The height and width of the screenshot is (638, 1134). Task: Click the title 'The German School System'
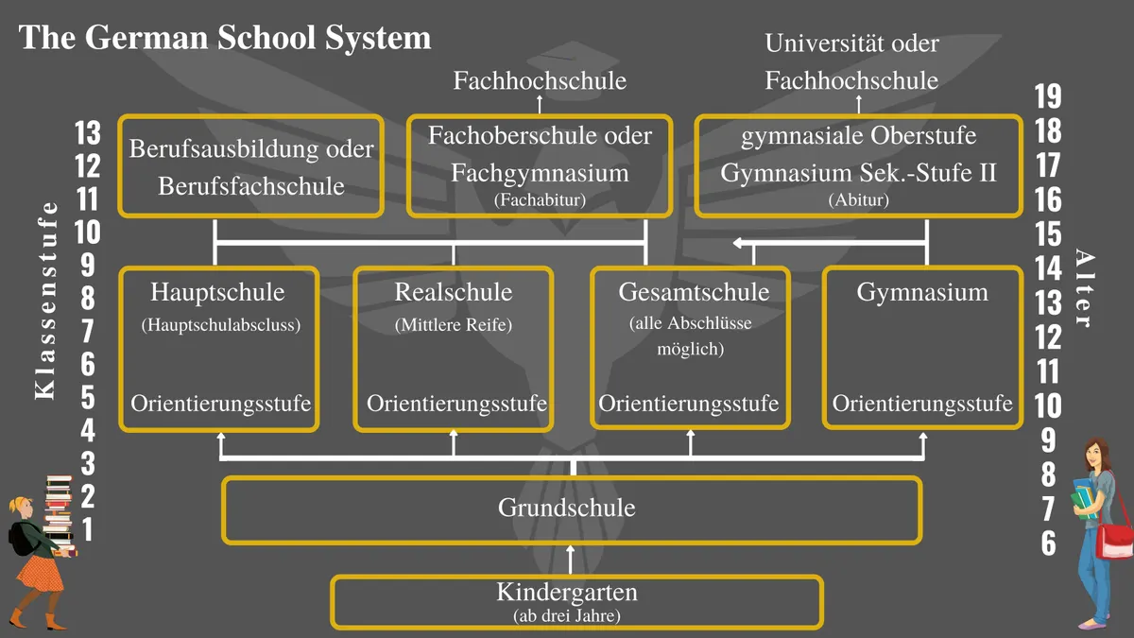point(225,39)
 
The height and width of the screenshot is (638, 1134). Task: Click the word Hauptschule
point(217,292)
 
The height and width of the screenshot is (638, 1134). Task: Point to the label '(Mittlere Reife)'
point(454,324)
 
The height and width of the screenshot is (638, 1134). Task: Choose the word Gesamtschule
point(694,292)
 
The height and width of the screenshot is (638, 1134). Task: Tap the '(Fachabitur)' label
point(540,200)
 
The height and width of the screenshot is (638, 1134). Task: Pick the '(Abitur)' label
point(859,200)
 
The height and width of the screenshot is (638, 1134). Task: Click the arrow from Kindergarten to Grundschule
point(571,560)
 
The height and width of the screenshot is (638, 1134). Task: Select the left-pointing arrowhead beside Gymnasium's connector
point(738,243)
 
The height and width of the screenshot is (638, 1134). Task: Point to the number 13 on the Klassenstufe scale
point(88,133)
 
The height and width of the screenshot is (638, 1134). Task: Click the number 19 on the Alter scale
point(1048,96)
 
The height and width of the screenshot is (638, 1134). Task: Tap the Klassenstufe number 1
point(88,529)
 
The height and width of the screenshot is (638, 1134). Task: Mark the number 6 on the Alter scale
point(1048,543)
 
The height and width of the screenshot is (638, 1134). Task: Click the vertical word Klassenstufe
point(45,301)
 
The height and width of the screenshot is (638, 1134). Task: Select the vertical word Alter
point(1084,288)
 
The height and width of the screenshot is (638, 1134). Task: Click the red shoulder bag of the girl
point(1114,540)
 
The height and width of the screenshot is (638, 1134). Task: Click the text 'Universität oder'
point(852,43)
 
